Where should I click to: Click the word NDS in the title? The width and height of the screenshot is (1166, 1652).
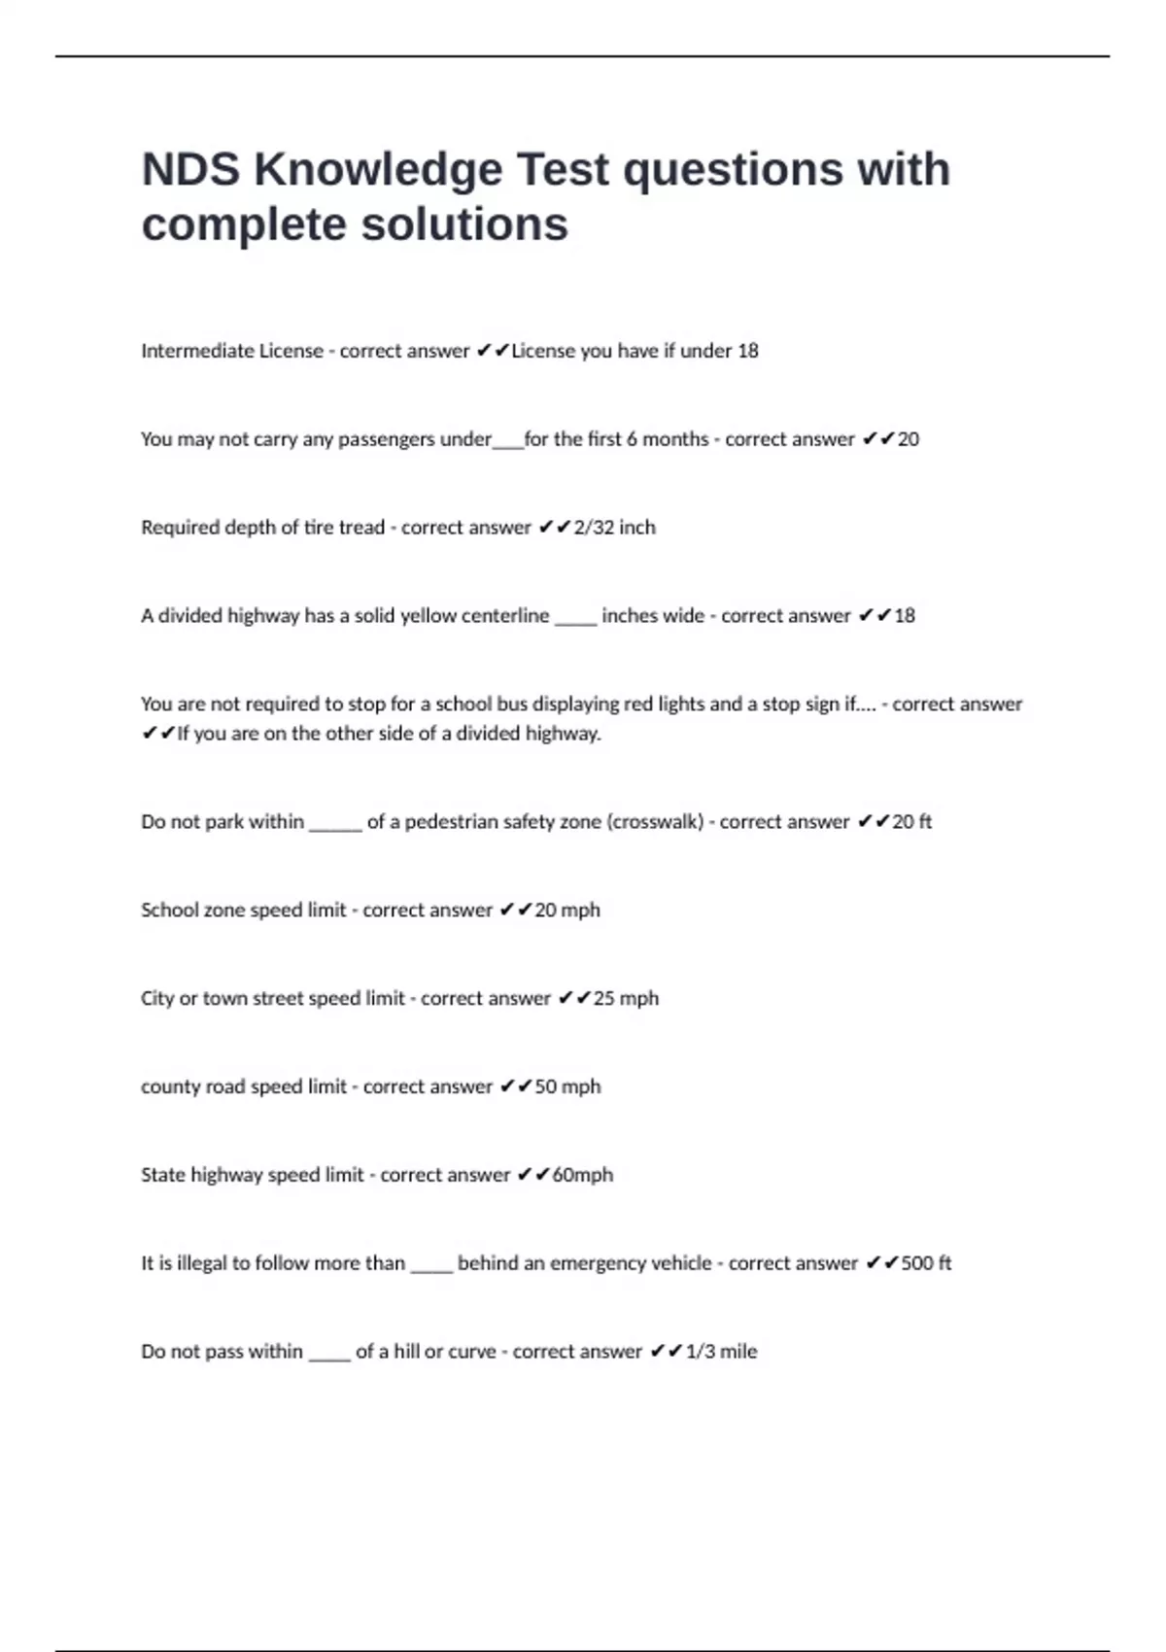point(190,169)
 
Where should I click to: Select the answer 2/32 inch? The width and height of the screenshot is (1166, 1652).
point(614,527)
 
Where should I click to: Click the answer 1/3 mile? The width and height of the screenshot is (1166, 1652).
point(721,1351)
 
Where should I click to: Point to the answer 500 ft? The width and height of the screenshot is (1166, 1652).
point(926,1262)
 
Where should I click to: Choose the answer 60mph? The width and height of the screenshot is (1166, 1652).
point(582,1174)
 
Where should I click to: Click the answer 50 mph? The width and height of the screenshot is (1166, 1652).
point(567,1085)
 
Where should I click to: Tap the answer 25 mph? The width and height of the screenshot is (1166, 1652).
point(626,998)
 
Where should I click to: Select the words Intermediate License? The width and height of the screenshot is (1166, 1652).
point(232,351)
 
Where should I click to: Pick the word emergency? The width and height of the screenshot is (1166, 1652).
point(599,1262)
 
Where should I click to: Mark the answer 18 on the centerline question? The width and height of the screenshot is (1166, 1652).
point(905,615)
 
